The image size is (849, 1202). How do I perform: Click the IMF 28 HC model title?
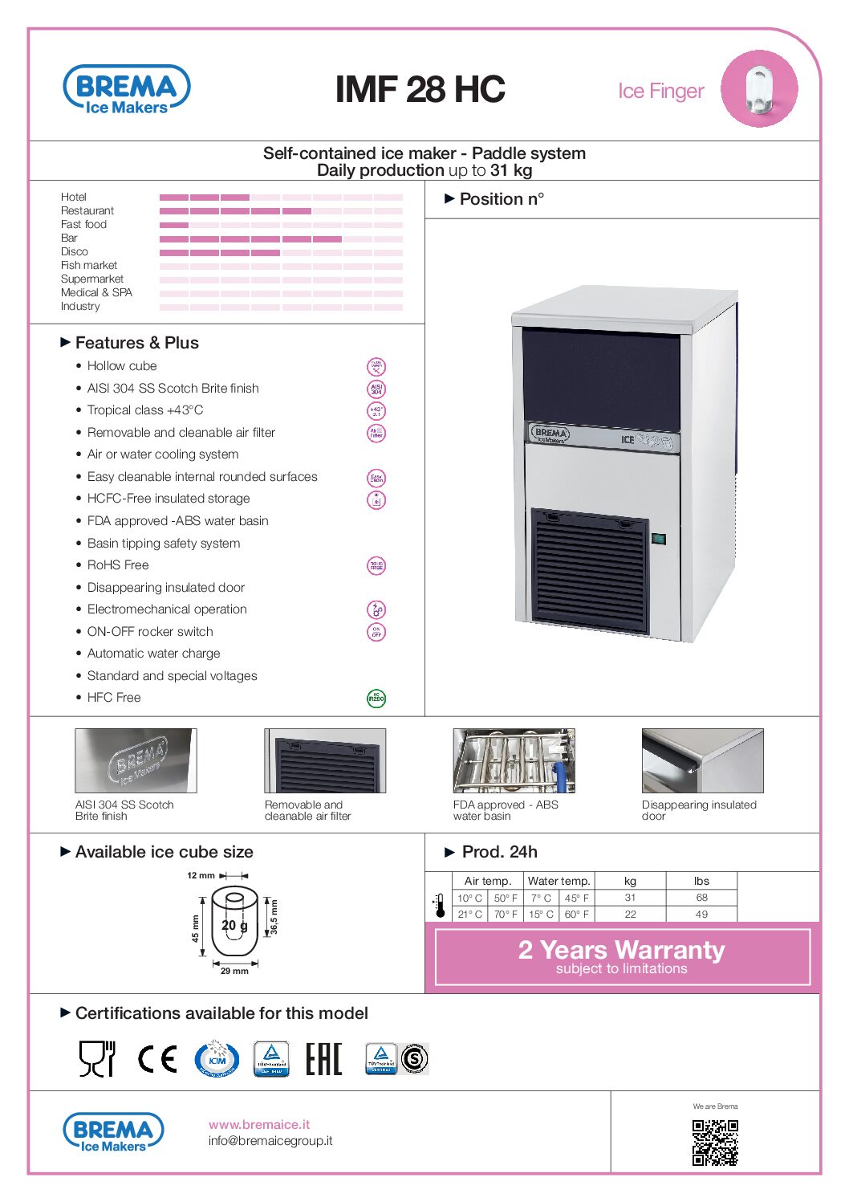[420, 89]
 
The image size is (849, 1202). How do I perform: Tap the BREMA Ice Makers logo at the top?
[126, 89]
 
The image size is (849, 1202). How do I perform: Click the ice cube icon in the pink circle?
[758, 88]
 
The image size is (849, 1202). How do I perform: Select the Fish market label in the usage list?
[89, 265]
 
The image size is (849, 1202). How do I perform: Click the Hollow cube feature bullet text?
[122, 366]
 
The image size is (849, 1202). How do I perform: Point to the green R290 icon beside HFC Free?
[376, 699]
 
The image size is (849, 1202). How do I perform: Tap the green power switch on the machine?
[659, 539]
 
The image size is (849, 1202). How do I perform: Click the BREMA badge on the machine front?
[550, 434]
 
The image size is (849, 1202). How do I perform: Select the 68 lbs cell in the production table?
[701, 898]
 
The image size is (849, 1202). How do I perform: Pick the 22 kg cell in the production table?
[630, 915]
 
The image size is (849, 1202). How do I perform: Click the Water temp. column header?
[559, 881]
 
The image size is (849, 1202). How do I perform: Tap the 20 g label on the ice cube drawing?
[234, 925]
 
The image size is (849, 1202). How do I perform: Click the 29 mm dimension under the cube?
[234, 972]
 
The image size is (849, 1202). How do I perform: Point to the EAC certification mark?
[323, 1059]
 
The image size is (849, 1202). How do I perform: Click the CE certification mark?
[157, 1059]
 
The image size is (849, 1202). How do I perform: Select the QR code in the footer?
[715, 1143]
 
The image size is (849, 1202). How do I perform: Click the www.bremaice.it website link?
[259, 1125]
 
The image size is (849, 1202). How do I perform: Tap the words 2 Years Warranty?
[621, 950]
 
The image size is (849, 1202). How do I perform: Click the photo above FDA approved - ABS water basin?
[514, 760]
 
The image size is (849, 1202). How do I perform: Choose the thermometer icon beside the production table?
[440, 906]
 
